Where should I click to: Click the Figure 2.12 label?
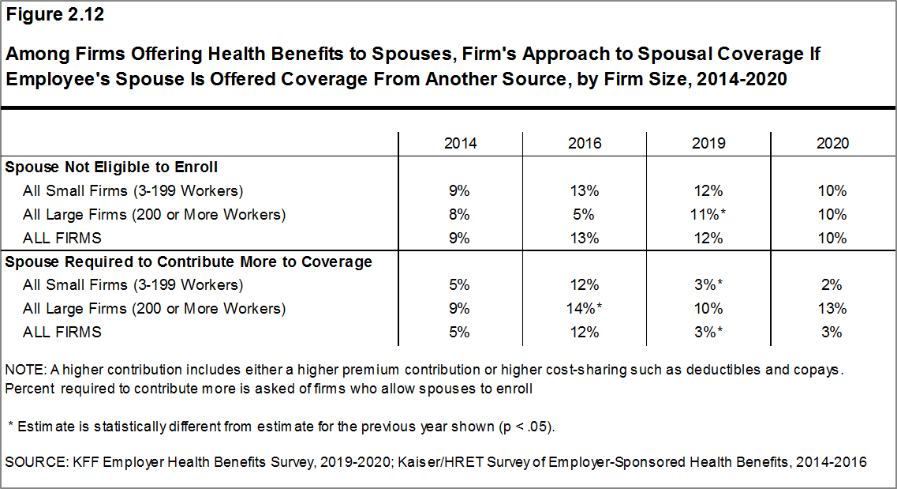click(x=54, y=15)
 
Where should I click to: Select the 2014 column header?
click(x=460, y=143)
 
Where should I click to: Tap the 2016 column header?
click(x=584, y=143)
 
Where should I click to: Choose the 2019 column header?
click(x=708, y=143)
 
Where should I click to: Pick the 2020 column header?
click(x=832, y=143)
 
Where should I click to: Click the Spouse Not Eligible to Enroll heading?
click(x=111, y=167)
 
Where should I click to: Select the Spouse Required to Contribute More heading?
click(x=189, y=261)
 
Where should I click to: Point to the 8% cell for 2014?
click(x=460, y=214)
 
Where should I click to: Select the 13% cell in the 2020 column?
click(x=832, y=308)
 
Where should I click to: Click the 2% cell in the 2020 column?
click(x=832, y=284)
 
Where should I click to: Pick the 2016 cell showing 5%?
click(x=584, y=214)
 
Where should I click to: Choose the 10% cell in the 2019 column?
click(x=708, y=308)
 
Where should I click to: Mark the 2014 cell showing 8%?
click(x=460, y=214)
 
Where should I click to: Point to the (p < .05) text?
click(x=526, y=427)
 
